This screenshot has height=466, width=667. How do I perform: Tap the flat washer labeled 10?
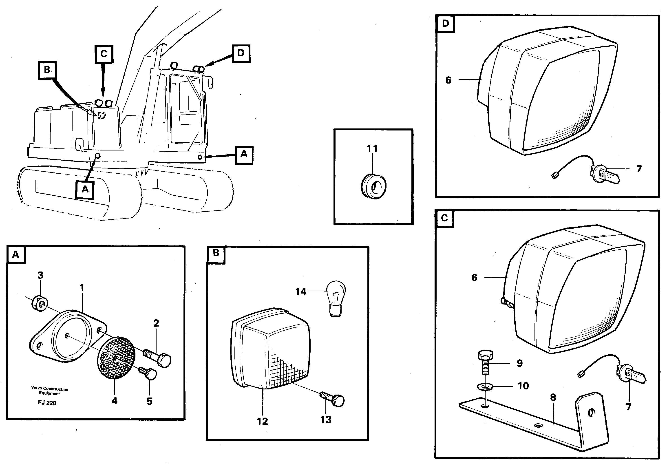(485, 387)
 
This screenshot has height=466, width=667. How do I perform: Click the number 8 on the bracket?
(553, 397)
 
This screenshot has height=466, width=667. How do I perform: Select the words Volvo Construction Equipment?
(49, 391)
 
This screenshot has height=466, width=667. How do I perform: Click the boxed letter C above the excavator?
(104, 54)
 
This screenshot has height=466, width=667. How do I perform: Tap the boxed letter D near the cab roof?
(241, 53)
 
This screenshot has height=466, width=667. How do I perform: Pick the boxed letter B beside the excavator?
(47, 70)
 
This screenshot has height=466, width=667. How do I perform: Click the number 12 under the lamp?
(262, 421)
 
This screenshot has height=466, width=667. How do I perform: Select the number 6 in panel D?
(448, 80)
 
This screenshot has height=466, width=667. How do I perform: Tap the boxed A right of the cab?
(244, 154)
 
